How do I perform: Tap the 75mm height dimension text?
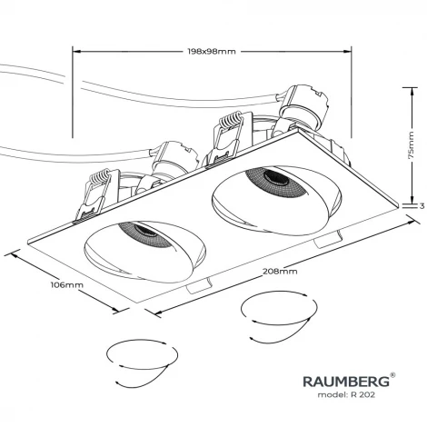click(x=411, y=143)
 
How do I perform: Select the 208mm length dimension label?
click(x=280, y=272)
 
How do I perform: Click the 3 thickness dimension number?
click(x=422, y=205)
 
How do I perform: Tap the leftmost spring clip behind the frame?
click(x=94, y=193)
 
